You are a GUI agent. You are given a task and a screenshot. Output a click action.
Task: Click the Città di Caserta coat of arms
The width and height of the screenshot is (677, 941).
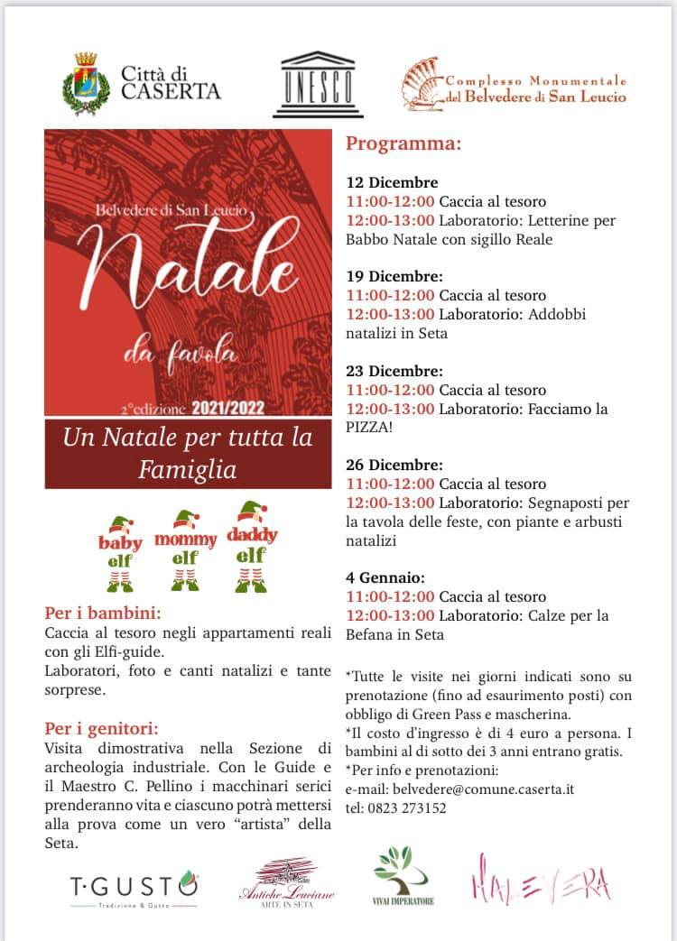[87, 83]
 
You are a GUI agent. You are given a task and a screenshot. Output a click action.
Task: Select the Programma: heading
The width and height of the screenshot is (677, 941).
[403, 144]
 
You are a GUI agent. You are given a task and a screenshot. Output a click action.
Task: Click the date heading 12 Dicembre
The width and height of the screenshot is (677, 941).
[392, 182]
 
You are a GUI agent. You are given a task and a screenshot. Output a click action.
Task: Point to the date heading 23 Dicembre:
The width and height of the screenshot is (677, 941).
[394, 371]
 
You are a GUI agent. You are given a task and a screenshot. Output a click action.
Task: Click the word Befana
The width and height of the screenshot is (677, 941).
[371, 634]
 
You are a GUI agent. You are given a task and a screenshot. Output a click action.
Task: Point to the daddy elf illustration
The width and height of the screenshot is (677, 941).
[251, 544]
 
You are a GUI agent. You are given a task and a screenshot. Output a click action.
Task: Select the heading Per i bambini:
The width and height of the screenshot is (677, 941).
[97, 613]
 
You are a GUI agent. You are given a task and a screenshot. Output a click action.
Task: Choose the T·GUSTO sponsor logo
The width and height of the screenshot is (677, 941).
[134, 884]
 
